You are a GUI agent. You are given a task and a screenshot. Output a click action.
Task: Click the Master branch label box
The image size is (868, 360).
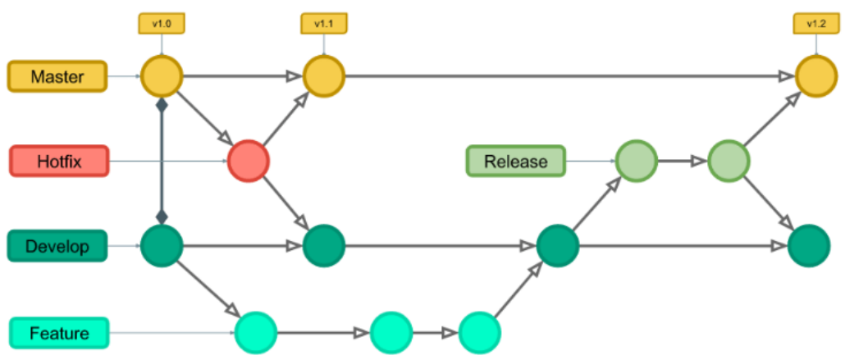pyautogui.click(x=57, y=76)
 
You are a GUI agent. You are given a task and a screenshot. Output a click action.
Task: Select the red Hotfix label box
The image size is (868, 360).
pyautogui.click(x=59, y=161)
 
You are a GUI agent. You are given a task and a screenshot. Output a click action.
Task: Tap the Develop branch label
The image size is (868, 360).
pyautogui.click(x=57, y=246)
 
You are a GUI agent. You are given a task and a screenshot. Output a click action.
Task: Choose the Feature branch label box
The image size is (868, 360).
pyautogui.click(x=59, y=333)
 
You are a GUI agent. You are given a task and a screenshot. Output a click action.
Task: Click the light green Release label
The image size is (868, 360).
pyautogui.click(x=515, y=161)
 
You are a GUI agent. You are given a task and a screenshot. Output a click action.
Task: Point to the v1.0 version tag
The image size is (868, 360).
pyautogui.click(x=161, y=24)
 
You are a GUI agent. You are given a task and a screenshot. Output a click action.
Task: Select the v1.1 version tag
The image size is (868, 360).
pyautogui.click(x=323, y=24)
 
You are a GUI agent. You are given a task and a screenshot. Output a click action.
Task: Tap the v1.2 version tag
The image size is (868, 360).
pyautogui.click(x=815, y=24)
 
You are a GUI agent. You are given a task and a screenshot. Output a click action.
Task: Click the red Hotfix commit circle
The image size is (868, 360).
pyautogui.click(x=249, y=161)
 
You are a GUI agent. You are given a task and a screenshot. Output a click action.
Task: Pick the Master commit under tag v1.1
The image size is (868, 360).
pyautogui.click(x=324, y=76)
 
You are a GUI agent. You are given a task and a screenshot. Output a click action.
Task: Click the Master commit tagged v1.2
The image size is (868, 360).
pyautogui.click(x=816, y=76)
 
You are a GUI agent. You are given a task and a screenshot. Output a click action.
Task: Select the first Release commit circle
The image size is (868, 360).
pyautogui.click(x=637, y=161)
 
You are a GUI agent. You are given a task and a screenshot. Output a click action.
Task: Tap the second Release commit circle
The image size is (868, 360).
pyautogui.click(x=729, y=161)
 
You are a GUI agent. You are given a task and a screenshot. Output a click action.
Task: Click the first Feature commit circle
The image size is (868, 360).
pyautogui.click(x=255, y=333)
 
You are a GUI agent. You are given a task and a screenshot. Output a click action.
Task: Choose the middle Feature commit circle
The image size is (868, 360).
pyautogui.click(x=391, y=333)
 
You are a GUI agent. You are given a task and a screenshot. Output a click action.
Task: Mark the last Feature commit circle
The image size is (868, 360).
pyautogui.click(x=480, y=333)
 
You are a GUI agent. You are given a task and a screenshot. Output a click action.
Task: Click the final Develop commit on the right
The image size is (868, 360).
pyautogui.click(x=809, y=245)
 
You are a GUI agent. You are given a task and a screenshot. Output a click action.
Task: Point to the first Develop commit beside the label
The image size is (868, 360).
pyautogui.click(x=162, y=245)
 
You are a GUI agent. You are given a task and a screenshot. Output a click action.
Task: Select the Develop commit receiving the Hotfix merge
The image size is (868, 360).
pyautogui.click(x=324, y=245)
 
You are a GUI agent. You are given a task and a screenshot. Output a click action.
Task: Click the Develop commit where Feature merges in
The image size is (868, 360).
pyautogui.click(x=558, y=245)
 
